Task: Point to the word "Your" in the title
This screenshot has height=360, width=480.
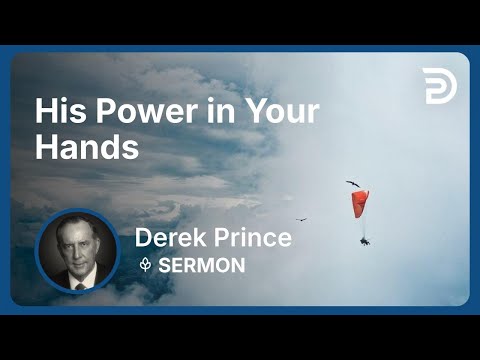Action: point(281,110)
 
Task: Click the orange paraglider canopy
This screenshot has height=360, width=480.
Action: point(360,204)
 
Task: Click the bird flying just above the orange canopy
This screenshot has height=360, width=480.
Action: point(352,183)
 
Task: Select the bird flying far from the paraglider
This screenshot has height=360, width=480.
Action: point(301,219)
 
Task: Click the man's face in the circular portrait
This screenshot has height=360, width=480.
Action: point(79,247)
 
